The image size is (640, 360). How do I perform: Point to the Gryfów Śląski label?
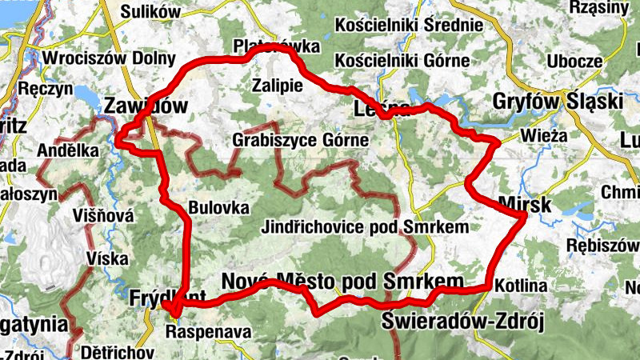click(x=558, y=102)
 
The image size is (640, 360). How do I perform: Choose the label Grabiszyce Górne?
click(x=301, y=140)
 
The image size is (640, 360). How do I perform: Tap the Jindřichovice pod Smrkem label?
click(x=365, y=227)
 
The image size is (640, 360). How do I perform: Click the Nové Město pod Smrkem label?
click(x=342, y=281)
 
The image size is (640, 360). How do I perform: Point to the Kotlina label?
click(x=520, y=286)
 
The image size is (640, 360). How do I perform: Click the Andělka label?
click(x=68, y=150)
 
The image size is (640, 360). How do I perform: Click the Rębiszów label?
click(x=602, y=244)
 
